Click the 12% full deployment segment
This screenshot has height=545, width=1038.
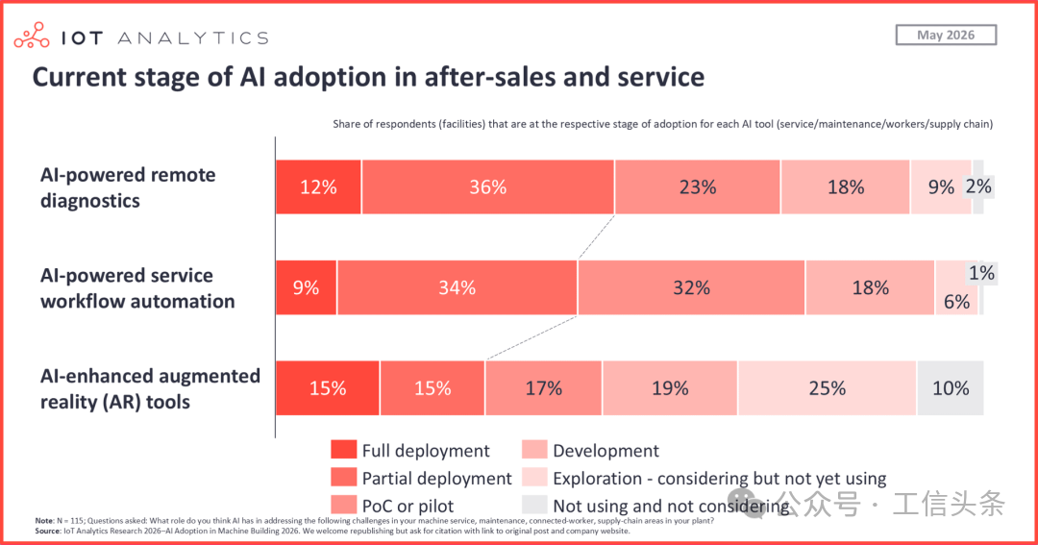pyautogui.click(x=318, y=186)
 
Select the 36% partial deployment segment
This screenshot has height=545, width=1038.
pyautogui.click(x=488, y=186)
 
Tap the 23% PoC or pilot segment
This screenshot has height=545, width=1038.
pyautogui.click(x=698, y=186)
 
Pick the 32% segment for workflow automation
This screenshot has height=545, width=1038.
pyautogui.click(x=691, y=287)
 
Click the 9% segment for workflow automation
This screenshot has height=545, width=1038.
pyautogui.click(x=306, y=287)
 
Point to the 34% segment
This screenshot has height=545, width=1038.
pyautogui.click(x=457, y=287)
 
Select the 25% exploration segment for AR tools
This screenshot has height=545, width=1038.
pyautogui.click(x=827, y=388)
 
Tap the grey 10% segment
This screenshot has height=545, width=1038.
pyautogui.click(x=950, y=388)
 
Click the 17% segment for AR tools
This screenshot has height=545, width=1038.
pyautogui.click(x=543, y=388)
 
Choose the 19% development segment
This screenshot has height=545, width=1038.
pyautogui.click(x=670, y=388)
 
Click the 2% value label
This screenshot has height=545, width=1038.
pyautogui.click(x=978, y=186)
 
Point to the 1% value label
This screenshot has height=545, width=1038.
pyautogui.click(x=981, y=273)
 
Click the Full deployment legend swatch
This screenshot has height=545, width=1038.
pyautogui.click(x=343, y=450)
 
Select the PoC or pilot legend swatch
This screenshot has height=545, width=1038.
pyautogui.click(x=343, y=505)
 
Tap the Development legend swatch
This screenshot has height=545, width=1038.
pyautogui.click(x=534, y=450)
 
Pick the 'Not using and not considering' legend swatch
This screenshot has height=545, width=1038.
pyautogui.click(x=534, y=505)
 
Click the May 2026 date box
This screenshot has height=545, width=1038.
pyautogui.click(x=946, y=36)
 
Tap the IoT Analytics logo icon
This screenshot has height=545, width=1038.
pyautogui.click(x=31, y=36)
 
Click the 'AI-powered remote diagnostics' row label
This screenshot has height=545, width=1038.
pyautogui.click(x=128, y=187)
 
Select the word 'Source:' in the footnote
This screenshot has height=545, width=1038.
pyautogui.click(x=48, y=532)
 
